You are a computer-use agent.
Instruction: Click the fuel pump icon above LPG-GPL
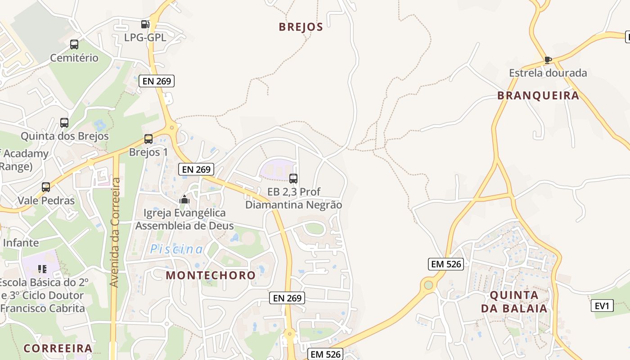click(x=145, y=24)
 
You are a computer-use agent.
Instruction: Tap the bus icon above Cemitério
click(x=74, y=45)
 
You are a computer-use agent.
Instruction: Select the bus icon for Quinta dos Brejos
click(x=64, y=122)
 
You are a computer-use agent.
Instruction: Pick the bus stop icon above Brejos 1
click(x=148, y=139)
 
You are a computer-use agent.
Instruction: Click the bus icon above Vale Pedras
click(x=46, y=187)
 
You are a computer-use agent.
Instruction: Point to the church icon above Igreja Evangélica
click(x=184, y=199)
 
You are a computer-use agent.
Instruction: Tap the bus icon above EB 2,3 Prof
click(x=293, y=178)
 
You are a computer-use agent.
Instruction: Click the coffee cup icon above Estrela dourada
click(x=548, y=59)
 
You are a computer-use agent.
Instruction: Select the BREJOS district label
click(x=301, y=27)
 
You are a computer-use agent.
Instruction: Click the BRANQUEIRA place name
click(x=538, y=95)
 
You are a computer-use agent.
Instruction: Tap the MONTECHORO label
click(x=211, y=275)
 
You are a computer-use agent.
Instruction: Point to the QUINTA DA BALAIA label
click(x=514, y=302)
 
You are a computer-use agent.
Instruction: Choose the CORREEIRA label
click(x=58, y=348)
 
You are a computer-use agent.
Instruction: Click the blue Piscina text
click(x=176, y=249)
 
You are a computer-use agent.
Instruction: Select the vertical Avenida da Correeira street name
click(x=116, y=232)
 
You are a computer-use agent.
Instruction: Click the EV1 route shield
click(x=602, y=306)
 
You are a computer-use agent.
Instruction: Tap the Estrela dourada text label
click(x=548, y=73)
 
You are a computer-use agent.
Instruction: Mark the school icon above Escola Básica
click(x=42, y=269)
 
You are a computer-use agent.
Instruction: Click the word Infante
click(x=21, y=243)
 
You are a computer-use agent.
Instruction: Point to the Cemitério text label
click(x=74, y=58)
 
